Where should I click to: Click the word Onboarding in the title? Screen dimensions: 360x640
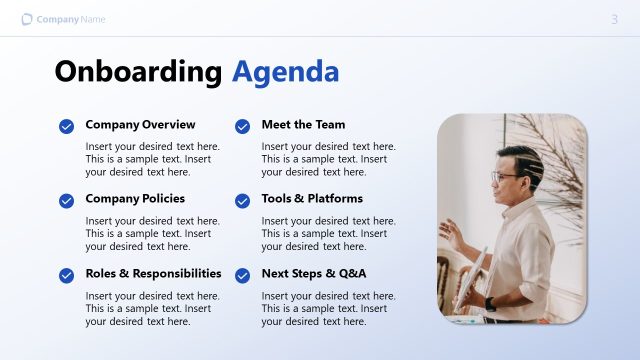138,71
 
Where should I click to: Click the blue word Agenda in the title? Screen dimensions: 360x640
285,71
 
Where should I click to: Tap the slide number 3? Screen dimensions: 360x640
614,19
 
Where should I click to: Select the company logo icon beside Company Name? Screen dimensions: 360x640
27,19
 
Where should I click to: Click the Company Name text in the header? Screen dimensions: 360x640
71,19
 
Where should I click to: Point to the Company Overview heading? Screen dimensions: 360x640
140,125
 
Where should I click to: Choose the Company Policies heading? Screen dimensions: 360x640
135,199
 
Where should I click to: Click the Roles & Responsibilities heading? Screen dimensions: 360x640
153,273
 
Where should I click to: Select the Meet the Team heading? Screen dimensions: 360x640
303,125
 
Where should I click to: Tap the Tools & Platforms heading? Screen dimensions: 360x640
312,199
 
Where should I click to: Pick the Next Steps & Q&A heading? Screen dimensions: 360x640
314,273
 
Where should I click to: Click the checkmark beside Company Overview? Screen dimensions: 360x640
66,126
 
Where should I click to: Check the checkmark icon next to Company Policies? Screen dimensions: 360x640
66,200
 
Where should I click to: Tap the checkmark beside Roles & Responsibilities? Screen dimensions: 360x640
66,274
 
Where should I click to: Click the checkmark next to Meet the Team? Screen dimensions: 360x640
242,126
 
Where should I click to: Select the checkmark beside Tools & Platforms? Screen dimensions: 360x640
242,200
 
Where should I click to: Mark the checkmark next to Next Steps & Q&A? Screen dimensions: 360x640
242,274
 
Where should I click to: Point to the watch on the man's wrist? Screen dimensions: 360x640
490,303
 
